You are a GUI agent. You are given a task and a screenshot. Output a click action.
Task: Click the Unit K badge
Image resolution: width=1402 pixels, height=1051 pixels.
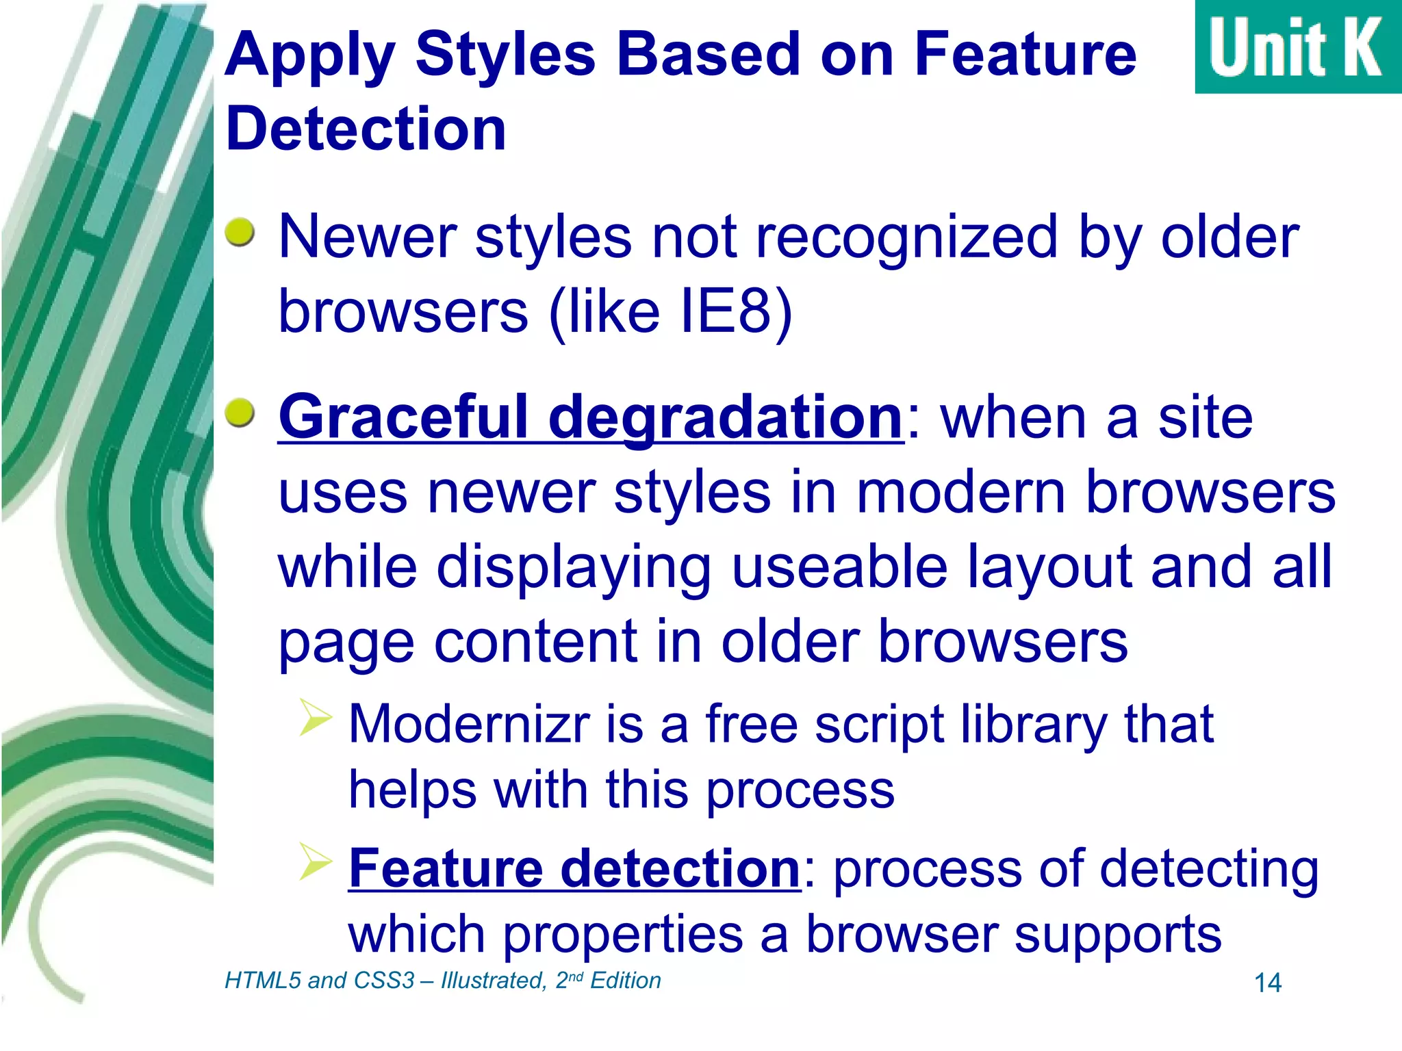pyautogui.click(x=1297, y=47)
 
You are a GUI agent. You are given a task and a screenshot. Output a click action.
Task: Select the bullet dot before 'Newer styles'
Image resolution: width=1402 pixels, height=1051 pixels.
pyautogui.click(x=240, y=233)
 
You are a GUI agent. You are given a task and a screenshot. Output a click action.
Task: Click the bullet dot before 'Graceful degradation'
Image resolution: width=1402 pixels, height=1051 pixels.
pyautogui.click(x=240, y=413)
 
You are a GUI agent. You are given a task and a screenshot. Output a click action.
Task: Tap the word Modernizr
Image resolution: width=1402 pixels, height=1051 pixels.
pyautogui.click(x=469, y=724)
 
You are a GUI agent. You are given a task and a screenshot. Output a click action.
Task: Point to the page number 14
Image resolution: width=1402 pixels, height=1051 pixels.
pyautogui.click(x=1267, y=983)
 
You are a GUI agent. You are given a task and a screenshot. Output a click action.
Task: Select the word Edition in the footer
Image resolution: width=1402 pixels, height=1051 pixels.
pyautogui.click(x=625, y=981)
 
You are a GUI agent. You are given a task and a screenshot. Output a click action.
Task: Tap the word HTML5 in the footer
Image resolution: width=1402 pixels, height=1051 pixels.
pyautogui.click(x=263, y=981)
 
